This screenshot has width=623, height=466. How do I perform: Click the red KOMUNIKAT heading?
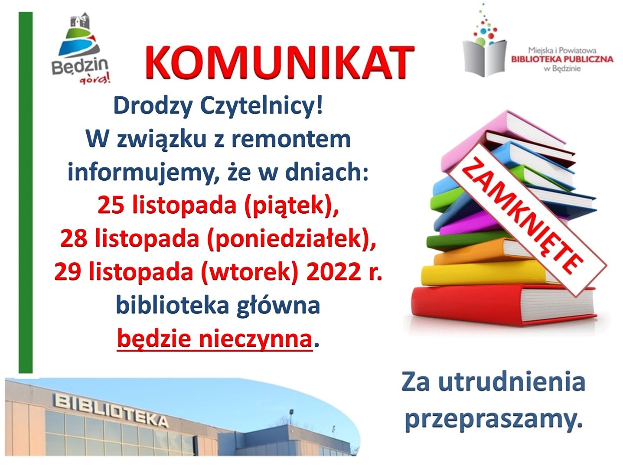point(280,62)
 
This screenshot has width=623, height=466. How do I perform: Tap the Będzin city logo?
point(80,48)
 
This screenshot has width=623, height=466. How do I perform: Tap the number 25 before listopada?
point(111,206)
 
